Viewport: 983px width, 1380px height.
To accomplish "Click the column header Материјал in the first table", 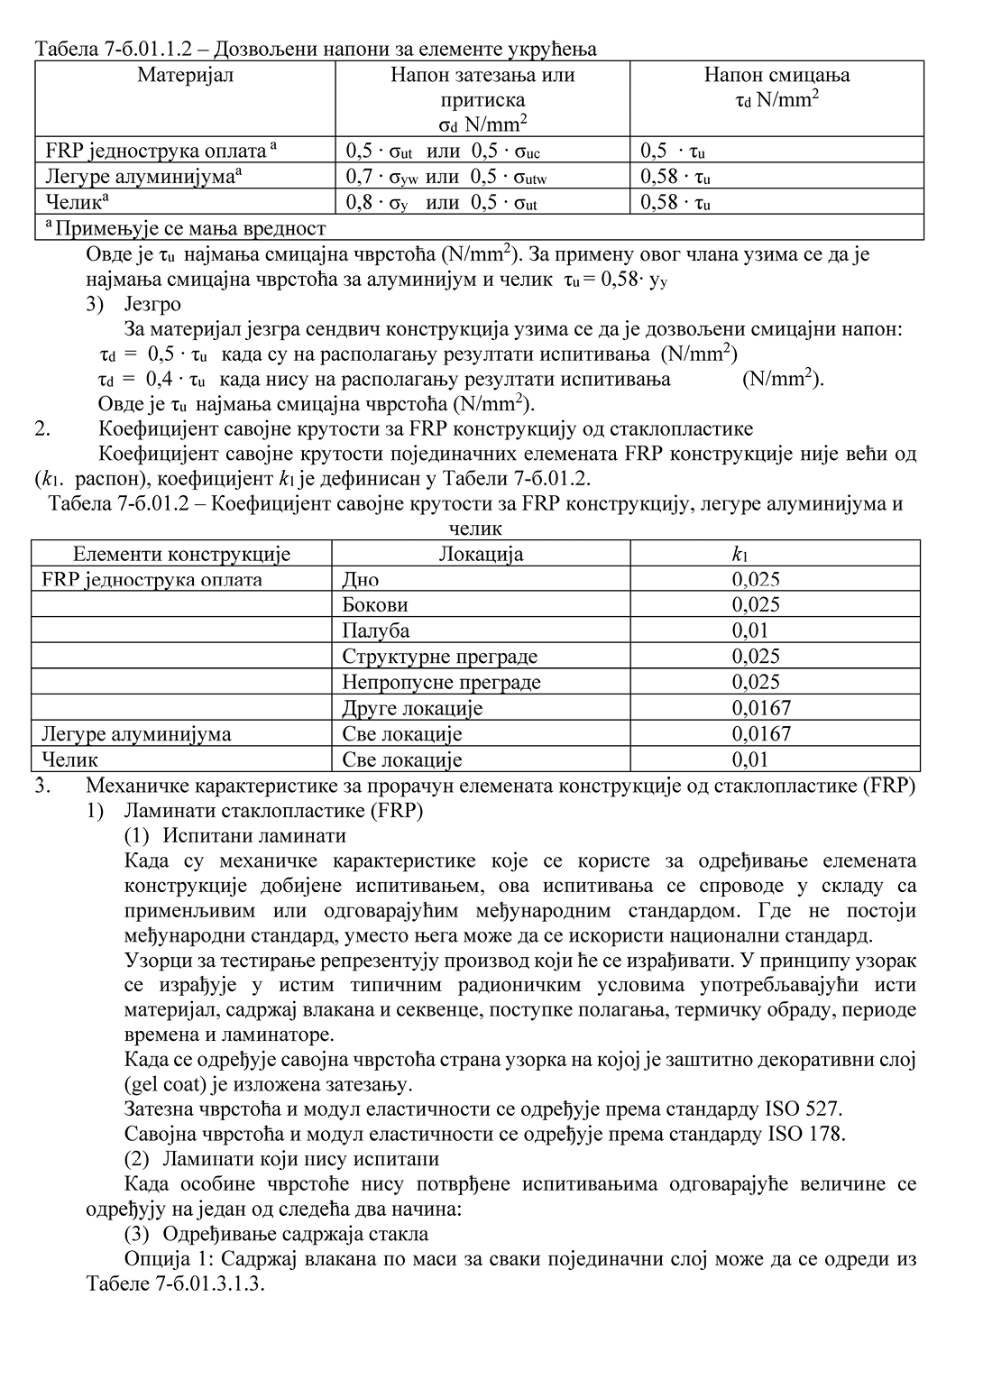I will [x=185, y=75].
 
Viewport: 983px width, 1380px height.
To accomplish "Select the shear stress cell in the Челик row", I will [x=675, y=202].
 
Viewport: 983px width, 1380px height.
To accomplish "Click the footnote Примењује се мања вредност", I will [x=186, y=228].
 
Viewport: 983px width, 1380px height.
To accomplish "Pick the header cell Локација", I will [x=480, y=554].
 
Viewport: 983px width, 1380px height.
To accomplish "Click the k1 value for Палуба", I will [x=756, y=630].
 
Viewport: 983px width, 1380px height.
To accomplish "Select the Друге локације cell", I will [x=412, y=708].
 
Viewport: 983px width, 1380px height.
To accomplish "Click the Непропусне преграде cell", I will [x=441, y=682].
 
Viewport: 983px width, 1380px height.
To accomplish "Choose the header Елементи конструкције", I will [x=181, y=554].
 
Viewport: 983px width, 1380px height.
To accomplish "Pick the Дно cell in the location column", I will [x=360, y=579].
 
